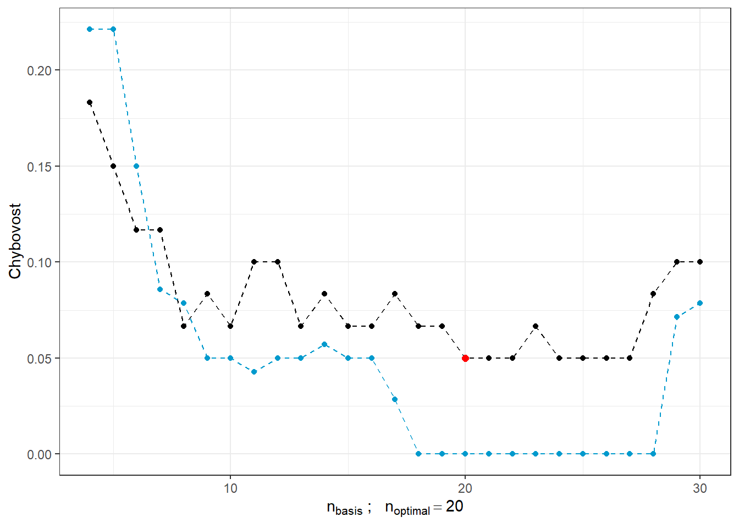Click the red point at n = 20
click(465, 358)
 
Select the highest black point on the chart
click(90, 102)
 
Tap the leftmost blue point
click(90, 29)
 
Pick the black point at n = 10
click(230, 326)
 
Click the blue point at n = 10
click(230, 358)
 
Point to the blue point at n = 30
click(700, 303)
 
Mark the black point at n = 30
click(700, 262)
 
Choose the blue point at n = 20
click(465, 454)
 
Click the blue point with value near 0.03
click(395, 399)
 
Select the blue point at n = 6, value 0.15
click(136, 166)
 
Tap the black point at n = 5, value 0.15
click(113, 166)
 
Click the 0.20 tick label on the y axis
click(39, 71)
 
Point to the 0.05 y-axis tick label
click(39, 359)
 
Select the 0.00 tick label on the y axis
click(39, 455)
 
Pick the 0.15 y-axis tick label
click(39, 167)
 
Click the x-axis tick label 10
click(230, 488)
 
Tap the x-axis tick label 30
click(700, 488)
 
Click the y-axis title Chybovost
click(15, 241)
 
